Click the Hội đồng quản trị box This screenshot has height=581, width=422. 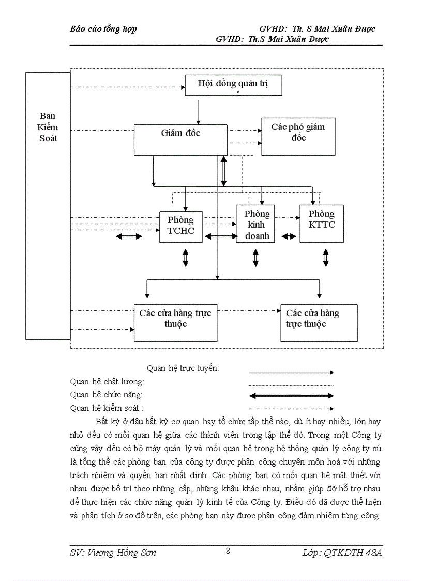233,84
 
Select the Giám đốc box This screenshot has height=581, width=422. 180,139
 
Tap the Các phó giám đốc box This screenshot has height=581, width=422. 297,136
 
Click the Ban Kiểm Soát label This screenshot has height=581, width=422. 48,127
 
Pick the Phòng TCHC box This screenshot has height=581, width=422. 180,226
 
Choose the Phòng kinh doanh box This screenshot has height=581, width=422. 257,225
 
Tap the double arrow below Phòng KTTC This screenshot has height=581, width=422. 326,257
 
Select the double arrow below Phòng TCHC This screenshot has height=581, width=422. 186,257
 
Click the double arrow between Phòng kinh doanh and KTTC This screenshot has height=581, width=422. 290,236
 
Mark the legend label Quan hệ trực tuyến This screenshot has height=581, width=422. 183,368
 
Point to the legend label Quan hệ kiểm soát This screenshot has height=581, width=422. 107,408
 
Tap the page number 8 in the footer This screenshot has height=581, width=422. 228,550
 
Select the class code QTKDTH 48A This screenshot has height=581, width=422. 353,553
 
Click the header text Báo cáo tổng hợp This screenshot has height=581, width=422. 103,29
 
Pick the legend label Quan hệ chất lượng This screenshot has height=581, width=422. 107,382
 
